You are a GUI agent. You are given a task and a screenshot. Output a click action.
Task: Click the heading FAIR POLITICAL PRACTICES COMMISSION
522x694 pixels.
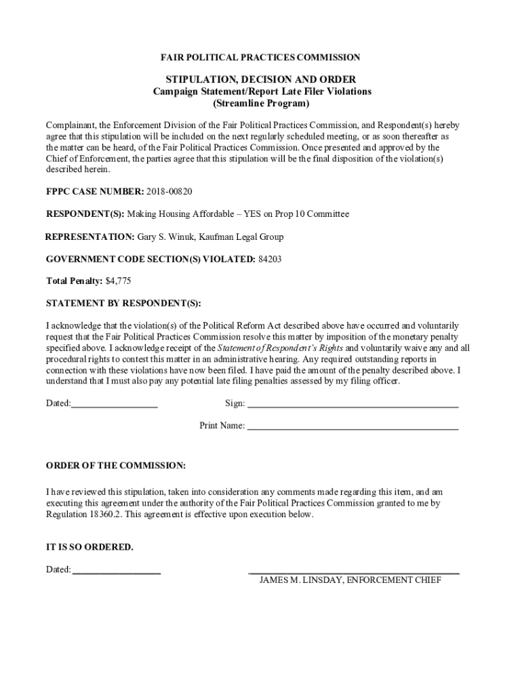[x=261, y=58]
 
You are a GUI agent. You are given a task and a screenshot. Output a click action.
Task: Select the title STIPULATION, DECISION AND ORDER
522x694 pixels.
[x=261, y=79]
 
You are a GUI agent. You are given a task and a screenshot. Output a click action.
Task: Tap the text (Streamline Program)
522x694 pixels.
[x=261, y=104]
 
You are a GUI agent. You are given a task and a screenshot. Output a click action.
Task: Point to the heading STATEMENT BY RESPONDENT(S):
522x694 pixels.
[x=123, y=303]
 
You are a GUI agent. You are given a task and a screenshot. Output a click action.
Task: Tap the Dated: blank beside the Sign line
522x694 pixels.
[x=115, y=404]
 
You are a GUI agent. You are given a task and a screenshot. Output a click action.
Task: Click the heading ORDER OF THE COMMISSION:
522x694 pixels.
[x=115, y=466]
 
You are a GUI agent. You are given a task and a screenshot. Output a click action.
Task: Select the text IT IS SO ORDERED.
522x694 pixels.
[x=89, y=547]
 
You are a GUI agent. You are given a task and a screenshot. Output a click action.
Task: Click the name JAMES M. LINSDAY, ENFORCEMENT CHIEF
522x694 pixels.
[x=350, y=581]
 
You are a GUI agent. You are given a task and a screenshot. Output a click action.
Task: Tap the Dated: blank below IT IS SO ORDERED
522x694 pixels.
[x=117, y=571]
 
